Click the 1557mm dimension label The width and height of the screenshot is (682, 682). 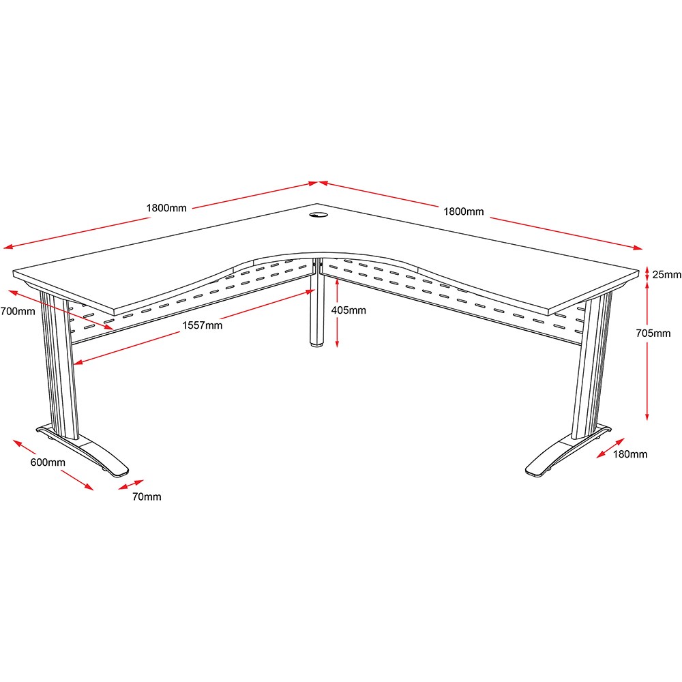[203, 325]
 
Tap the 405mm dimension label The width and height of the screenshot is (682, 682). [349, 310]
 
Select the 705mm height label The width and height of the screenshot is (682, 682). [653, 333]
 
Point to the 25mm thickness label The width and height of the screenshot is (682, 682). [667, 274]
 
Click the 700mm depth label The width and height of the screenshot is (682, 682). [18, 312]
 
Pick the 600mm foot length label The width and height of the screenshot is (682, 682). [48, 462]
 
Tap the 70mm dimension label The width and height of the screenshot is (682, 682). [147, 496]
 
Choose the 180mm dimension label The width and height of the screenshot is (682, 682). [630, 454]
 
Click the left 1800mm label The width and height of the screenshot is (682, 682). [166, 208]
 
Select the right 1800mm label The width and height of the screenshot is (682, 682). [464, 211]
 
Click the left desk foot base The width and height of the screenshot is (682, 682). [83, 450]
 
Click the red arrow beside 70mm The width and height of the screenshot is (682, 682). [131, 484]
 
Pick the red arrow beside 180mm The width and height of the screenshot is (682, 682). [610, 448]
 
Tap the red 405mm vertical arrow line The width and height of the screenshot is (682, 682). [337, 313]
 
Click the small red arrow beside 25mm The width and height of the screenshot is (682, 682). [647, 274]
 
